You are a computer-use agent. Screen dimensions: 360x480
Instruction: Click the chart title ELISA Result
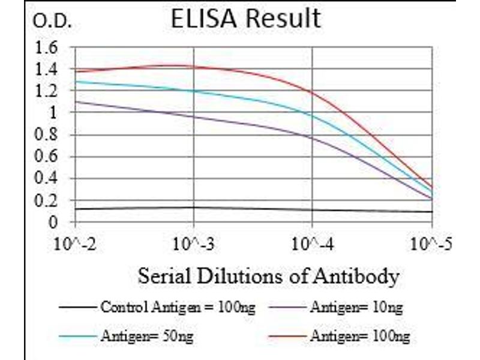click(x=245, y=19)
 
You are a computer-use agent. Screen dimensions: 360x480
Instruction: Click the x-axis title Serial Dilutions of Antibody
click(x=268, y=277)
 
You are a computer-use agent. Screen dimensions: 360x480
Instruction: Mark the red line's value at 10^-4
click(x=313, y=92)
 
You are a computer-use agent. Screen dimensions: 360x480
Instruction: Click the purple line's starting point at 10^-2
click(x=76, y=102)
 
